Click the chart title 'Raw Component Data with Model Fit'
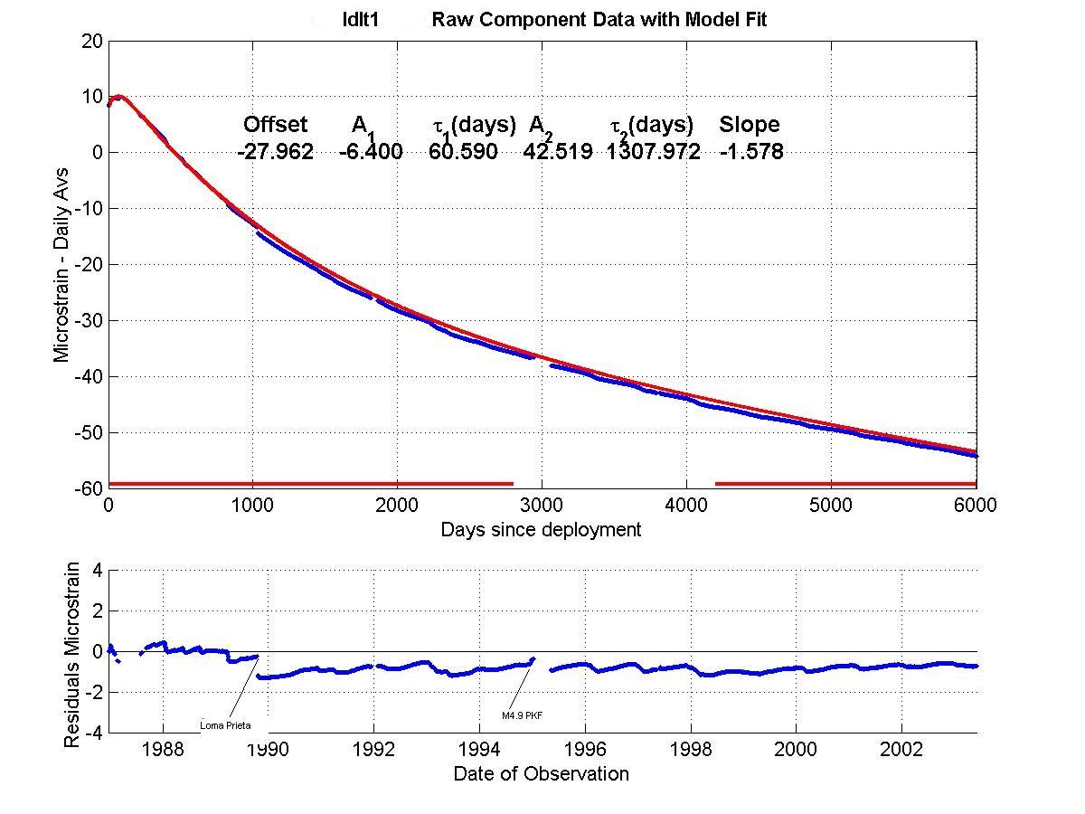click(599, 19)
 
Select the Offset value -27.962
click(275, 152)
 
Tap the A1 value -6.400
click(371, 152)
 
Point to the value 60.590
click(463, 152)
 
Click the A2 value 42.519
click(558, 152)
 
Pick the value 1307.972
click(653, 152)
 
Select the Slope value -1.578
click(751, 152)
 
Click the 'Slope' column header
click(749, 125)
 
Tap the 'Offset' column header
click(275, 125)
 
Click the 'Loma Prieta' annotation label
click(225, 725)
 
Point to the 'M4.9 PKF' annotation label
click(522, 715)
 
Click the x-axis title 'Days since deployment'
click(541, 530)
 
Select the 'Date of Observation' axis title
click(541, 774)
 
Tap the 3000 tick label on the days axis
click(542, 506)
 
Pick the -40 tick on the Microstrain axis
click(85, 376)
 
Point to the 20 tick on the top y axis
click(90, 41)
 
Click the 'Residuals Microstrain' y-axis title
click(72, 655)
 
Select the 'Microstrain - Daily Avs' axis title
click(61, 263)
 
